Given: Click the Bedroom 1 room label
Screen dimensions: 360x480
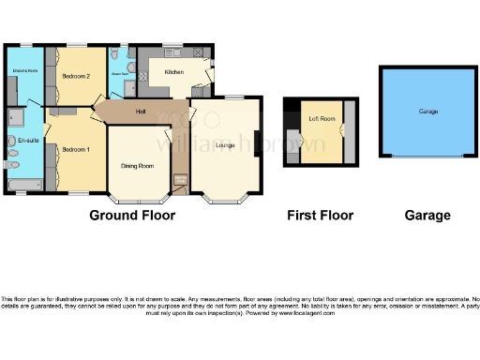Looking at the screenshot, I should (x=76, y=150).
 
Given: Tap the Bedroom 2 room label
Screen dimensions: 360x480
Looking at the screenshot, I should (x=76, y=76).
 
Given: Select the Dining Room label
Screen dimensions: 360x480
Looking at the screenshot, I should (x=138, y=166).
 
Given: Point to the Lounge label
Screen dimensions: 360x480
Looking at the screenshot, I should (x=224, y=145).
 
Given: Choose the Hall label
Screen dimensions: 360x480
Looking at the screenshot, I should (x=140, y=112).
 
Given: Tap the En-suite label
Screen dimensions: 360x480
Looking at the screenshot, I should (x=26, y=140).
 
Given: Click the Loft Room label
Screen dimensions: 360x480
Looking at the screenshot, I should (x=322, y=119).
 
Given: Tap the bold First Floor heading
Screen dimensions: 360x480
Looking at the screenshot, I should (x=320, y=216).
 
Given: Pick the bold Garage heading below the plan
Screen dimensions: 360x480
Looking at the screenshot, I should (x=427, y=216).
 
